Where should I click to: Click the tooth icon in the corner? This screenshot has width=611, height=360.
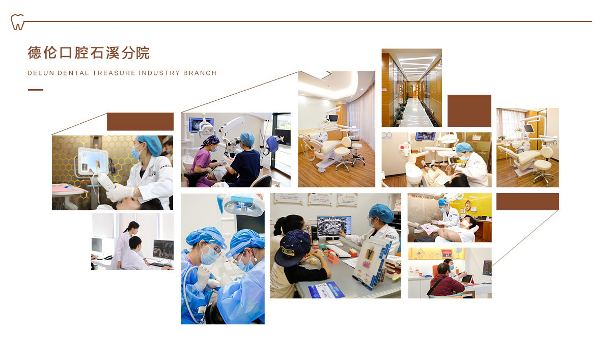point(17,22)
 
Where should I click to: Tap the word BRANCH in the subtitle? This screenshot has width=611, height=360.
point(200,73)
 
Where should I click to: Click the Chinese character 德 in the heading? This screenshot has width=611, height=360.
point(35,53)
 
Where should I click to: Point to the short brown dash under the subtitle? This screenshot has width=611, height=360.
point(36,90)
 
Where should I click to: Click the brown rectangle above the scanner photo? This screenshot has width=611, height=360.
point(140,121)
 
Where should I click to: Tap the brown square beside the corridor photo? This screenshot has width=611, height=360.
point(469,110)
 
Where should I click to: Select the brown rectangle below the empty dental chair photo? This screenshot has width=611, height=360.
point(527,202)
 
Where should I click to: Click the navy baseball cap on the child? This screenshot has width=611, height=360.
point(292,247)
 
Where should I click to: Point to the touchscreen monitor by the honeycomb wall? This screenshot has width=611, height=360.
point(93,161)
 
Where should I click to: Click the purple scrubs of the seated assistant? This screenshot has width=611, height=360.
point(201,167)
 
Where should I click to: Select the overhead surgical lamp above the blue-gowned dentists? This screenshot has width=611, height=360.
point(243,205)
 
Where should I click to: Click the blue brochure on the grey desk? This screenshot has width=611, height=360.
point(326,290)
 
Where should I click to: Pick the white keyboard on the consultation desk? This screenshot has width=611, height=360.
point(338,251)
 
